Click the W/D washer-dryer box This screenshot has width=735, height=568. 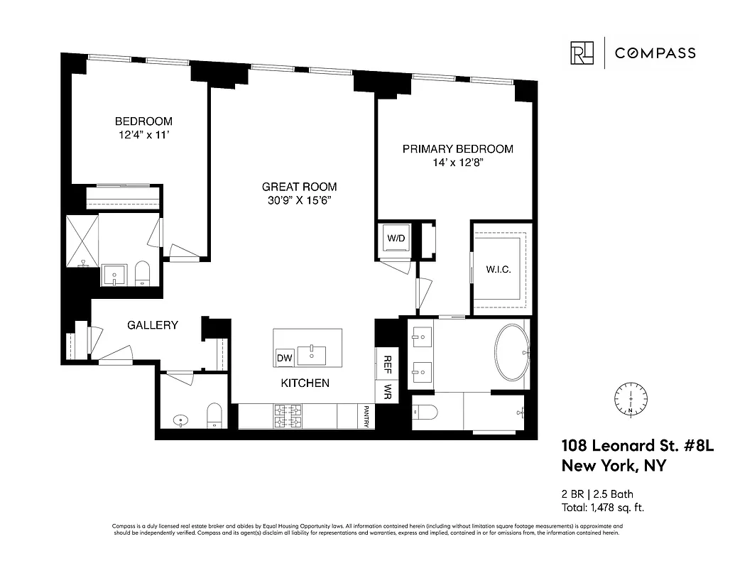[395, 239]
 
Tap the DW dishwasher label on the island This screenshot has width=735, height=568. [285, 357]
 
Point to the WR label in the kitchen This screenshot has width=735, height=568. [388, 391]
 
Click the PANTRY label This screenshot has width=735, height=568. [366, 416]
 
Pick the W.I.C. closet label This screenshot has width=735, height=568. [499, 270]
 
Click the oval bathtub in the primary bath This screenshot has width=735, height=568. [511, 353]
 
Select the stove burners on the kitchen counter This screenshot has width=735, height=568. [288, 416]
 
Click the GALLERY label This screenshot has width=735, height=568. [152, 325]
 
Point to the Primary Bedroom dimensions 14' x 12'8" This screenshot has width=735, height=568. [457, 163]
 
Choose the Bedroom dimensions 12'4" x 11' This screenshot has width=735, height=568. [143, 135]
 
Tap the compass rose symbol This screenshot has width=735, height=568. [630, 399]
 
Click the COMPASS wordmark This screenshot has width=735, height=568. [655, 53]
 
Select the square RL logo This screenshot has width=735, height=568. [582, 53]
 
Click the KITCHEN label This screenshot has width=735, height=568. [305, 383]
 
